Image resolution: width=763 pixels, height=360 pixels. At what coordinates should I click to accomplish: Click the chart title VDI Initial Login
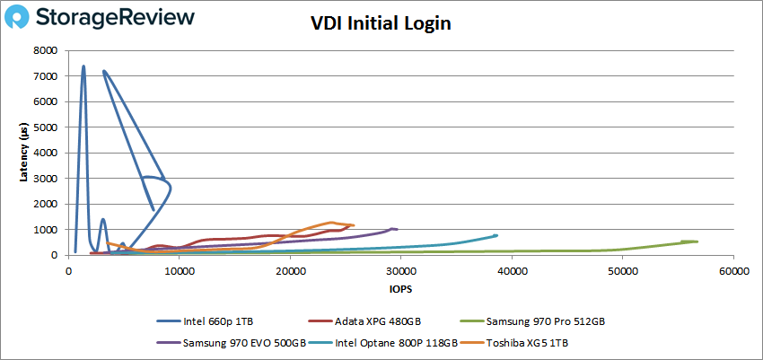point(381,24)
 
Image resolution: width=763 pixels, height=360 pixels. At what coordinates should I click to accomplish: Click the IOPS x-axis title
point(400,289)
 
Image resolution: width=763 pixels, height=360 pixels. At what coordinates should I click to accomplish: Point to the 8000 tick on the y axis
point(47,51)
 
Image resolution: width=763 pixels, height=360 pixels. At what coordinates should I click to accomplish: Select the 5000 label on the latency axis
point(47,127)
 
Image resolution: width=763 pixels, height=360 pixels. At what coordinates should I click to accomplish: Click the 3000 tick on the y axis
point(47,179)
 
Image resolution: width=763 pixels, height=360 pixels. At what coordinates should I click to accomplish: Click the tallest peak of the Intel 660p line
point(83,66)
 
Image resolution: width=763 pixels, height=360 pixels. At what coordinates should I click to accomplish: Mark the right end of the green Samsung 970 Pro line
point(697,241)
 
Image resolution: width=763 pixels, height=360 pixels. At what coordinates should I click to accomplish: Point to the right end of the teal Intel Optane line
point(496,235)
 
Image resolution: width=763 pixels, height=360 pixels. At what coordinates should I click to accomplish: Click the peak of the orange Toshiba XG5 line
point(332,222)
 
